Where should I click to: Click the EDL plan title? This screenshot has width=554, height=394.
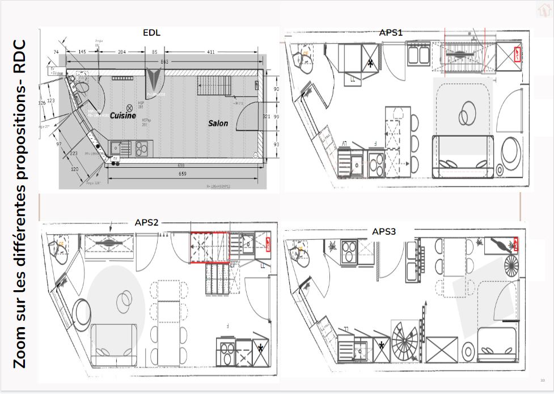(x=151, y=32)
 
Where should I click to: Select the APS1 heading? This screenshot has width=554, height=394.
(x=391, y=33)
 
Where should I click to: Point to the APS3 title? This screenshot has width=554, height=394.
(x=384, y=231)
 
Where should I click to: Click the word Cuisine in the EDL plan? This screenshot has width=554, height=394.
(x=123, y=115)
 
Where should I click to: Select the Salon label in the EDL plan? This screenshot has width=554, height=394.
(x=218, y=123)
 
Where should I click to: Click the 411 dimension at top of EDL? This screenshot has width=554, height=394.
(x=210, y=52)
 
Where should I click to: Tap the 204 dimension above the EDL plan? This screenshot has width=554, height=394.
(x=121, y=52)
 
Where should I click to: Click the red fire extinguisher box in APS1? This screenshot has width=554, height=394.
(x=518, y=54)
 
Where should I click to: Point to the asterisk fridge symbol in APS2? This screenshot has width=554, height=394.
(x=260, y=348)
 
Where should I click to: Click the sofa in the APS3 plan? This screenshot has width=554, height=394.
(x=497, y=346)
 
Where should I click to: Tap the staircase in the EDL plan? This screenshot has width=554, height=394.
(x=213, y=87)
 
